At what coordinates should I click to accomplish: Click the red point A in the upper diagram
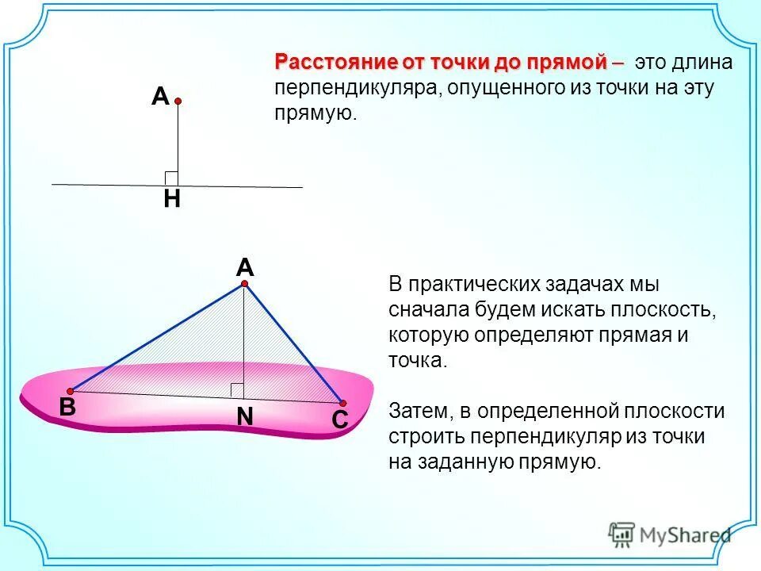[x=178, y=102]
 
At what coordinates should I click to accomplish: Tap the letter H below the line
[x=171, y=200]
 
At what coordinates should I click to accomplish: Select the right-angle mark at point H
[x=170, y=178]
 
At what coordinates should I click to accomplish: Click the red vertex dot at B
[x=71, y=391]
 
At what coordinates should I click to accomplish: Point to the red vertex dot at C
[x=343, y=403]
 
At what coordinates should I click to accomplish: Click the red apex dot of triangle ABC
[x=245, y=283]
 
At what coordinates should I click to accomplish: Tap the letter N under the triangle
[x=244, y=416]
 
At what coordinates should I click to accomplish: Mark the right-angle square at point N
[x=237, y=389]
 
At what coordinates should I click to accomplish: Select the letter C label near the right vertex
[x=340, y=421]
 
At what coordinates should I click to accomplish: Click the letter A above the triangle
[x=243, y=267]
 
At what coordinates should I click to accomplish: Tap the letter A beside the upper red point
[x=160, y=98]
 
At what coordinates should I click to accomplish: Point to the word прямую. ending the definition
[x=316, y=113]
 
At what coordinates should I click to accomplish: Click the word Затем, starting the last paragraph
[x=419, y=411]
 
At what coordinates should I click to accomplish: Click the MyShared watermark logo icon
[x=622, y=534]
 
